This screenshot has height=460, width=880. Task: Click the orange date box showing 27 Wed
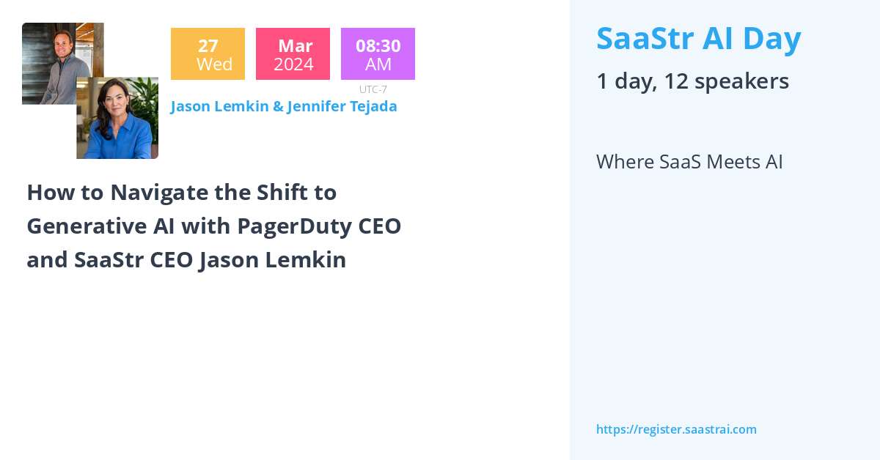coord(208,54)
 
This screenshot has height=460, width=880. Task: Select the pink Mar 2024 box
coord(293,54)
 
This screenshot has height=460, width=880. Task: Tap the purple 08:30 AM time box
coord(378,54)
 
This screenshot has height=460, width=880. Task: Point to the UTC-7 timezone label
coord(373,89)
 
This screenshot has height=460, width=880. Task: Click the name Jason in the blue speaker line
coord(190,106)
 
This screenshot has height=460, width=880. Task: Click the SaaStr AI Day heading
coord(699,39)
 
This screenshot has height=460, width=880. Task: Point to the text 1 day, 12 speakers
coord(692,81)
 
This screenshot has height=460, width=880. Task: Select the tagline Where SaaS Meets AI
coord(689,162)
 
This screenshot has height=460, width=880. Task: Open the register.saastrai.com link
coord(676,430)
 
